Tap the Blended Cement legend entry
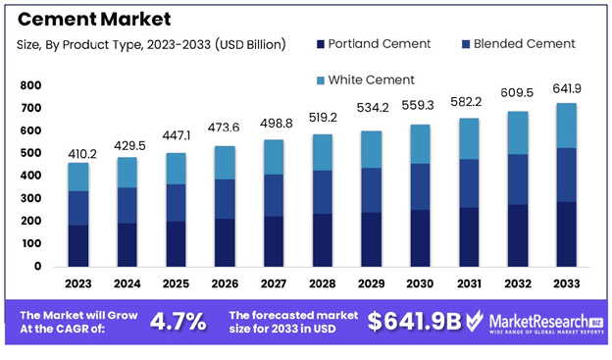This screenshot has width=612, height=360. click(x=517, y=43)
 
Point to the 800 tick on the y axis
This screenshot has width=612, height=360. click(x=30, y=85)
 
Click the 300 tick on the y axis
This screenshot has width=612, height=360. click(x=30, y=198)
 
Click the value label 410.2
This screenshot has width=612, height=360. click(x=80, y=154)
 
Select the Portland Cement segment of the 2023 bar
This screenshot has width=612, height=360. click(x=79, y=245)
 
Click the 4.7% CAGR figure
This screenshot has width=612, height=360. click(x=178, y=322)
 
